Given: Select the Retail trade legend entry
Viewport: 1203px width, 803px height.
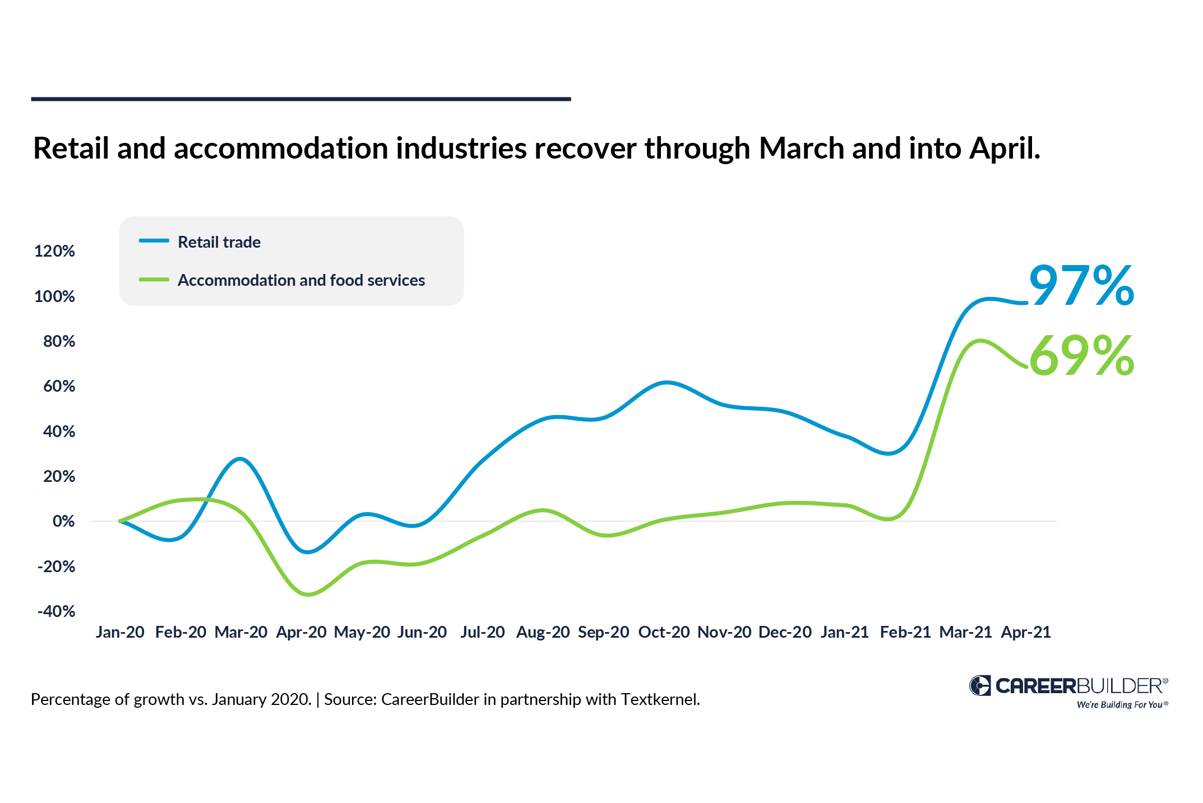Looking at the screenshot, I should click(x=219, y=242).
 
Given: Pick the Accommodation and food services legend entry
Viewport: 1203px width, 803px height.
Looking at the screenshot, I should click(x=301, y=280).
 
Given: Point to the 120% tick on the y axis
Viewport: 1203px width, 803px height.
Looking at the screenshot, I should click(x=54, y=251).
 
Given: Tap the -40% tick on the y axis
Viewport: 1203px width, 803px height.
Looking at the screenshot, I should click(x=56, y=611).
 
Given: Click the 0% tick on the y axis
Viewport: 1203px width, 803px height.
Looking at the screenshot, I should click(x=63, y=522).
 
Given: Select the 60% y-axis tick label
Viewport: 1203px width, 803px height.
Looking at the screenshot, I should click(x=59, y=386).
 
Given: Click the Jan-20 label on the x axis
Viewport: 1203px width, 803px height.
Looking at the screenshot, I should click(x=120, y=632).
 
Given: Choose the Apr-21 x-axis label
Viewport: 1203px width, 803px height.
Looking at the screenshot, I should click(x=1026, y=632).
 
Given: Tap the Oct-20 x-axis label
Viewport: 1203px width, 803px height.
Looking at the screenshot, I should click(x=664, y=632).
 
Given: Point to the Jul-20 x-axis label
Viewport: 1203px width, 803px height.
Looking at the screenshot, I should click(x=483, y=632).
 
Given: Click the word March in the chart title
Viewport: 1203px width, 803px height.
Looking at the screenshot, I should click(x=801, y=148).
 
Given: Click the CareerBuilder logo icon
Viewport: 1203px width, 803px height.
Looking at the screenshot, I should click(x=980, y=685).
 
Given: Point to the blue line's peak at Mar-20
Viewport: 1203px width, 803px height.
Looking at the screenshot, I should click(x=240, y=459).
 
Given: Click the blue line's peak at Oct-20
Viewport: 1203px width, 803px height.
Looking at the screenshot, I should click(x=666, y=383).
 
